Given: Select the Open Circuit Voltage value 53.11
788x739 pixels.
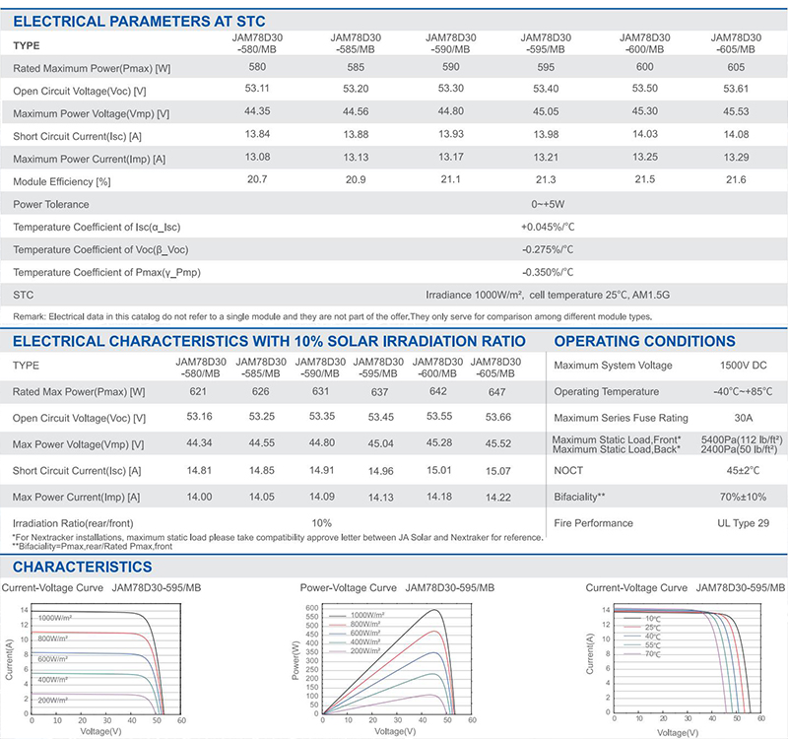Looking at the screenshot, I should (255, 91).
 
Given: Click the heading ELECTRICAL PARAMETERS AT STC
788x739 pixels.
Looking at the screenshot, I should (139, 21).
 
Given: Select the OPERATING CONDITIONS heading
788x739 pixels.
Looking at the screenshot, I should (644, 342).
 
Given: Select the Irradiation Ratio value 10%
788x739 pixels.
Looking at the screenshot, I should (321, 522).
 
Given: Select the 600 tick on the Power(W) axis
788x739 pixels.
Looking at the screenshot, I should (310, 607).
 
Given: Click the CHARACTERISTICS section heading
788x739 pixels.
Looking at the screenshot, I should (83, 567).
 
